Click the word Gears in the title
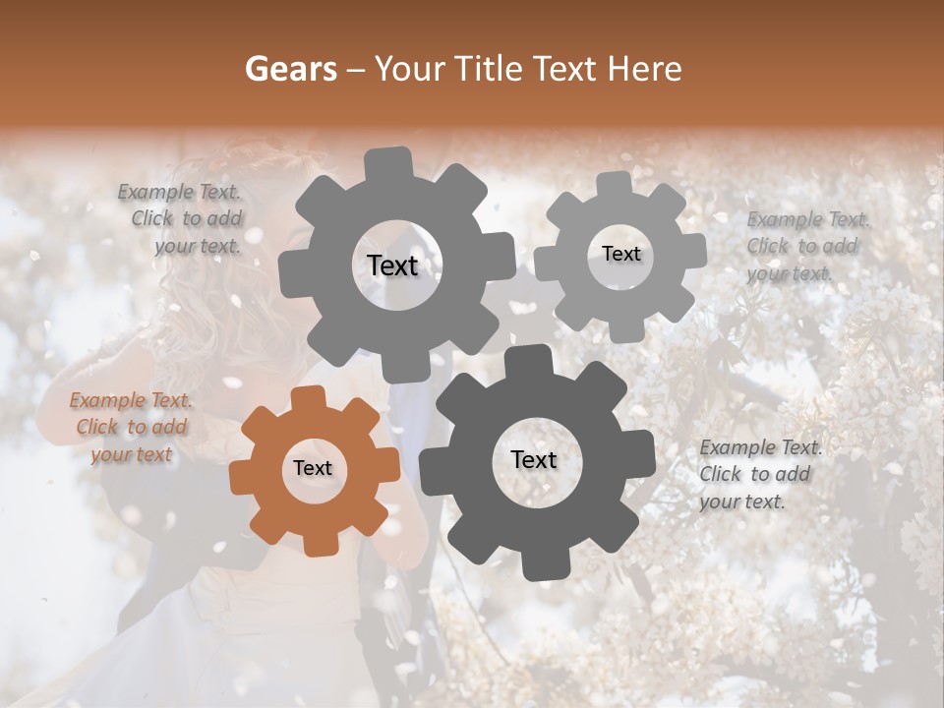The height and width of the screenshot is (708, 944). click(x=290, y=69)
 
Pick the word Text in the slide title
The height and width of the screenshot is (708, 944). click(x=567, y=69)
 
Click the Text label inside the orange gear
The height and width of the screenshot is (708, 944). click(x=313, y=469)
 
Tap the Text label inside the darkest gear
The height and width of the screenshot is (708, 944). click(x=534, y=460)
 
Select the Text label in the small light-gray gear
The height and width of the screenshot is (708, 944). click(x=620, y=254)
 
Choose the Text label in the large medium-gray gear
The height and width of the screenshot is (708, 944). click(x=392, y=265)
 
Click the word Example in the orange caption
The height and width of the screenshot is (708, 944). click(x=107, y=401)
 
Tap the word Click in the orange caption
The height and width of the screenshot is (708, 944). click(x=97, y=428)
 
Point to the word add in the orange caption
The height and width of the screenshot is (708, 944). click(x=169, y=428)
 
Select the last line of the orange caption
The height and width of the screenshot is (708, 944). click(x=132, y=454)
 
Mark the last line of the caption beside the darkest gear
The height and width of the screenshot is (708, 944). click(x=742, y=501)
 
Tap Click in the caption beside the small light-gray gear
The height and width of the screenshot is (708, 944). click(x=767, y=246)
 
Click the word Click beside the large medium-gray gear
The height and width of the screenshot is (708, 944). click(x=151, y=218)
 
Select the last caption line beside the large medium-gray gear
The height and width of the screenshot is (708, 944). click(x=198, y=246)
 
